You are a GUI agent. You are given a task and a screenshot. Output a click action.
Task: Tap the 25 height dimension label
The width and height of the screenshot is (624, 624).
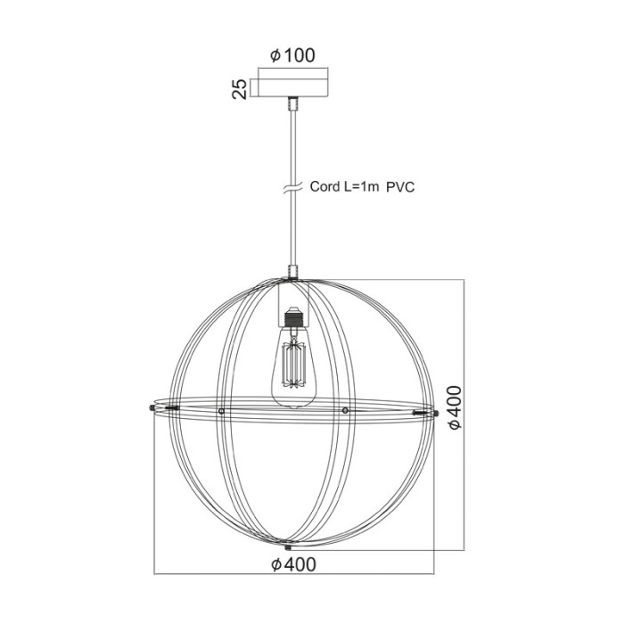coord(239,87)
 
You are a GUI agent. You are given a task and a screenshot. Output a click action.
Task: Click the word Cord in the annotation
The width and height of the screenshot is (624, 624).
coord(324,187)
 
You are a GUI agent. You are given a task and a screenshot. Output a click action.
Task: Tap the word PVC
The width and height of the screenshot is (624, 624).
coord(402,187)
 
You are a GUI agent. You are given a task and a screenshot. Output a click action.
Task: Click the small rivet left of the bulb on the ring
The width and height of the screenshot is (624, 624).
coord(221,411)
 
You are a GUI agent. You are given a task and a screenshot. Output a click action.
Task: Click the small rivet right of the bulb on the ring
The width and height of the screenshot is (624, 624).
coord(345,410)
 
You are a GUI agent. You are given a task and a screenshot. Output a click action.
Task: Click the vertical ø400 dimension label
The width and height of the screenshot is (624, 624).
coord(455,407)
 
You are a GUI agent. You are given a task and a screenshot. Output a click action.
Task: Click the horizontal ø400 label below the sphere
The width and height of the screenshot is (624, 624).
coord(292,563)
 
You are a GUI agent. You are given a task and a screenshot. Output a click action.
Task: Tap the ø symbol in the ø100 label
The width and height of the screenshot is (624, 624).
coord(275,56)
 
